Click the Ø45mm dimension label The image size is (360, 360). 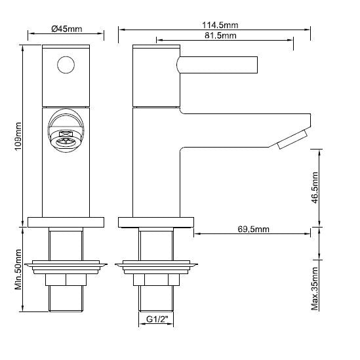[x=66, y=28]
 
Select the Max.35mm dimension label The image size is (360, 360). [x=315, y=287]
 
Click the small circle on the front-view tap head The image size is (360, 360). [x=66, y=65]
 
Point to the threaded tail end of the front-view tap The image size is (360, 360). [x=66, y=298]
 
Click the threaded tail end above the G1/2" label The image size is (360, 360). [x=156, y=298]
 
